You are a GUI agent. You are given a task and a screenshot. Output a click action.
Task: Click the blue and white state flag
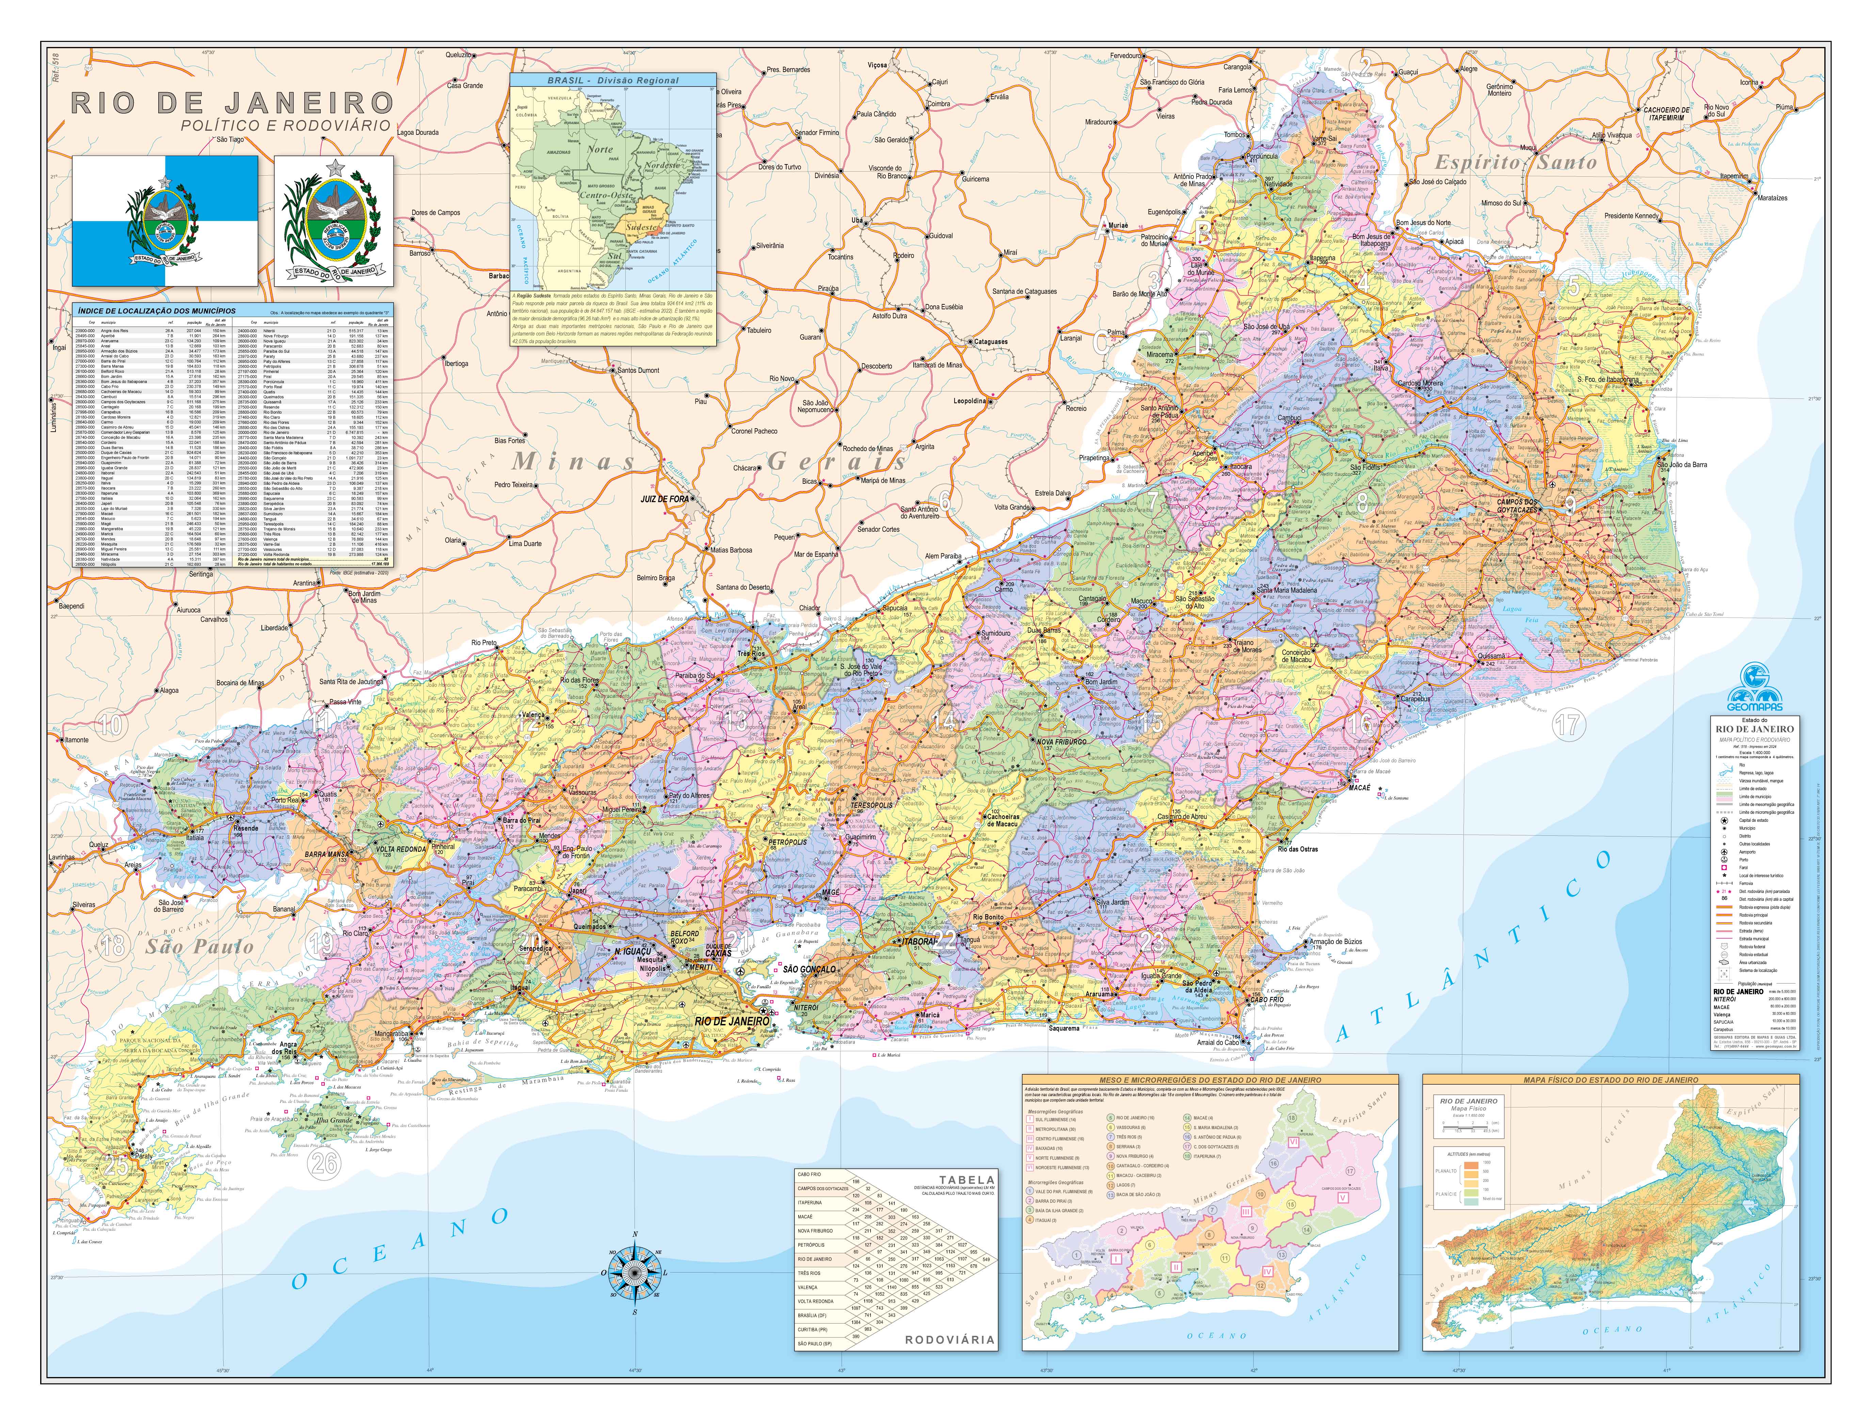(165, 221)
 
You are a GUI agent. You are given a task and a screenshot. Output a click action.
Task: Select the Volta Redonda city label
(401, 848)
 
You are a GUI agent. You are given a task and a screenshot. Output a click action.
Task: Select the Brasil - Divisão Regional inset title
(613, 81)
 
